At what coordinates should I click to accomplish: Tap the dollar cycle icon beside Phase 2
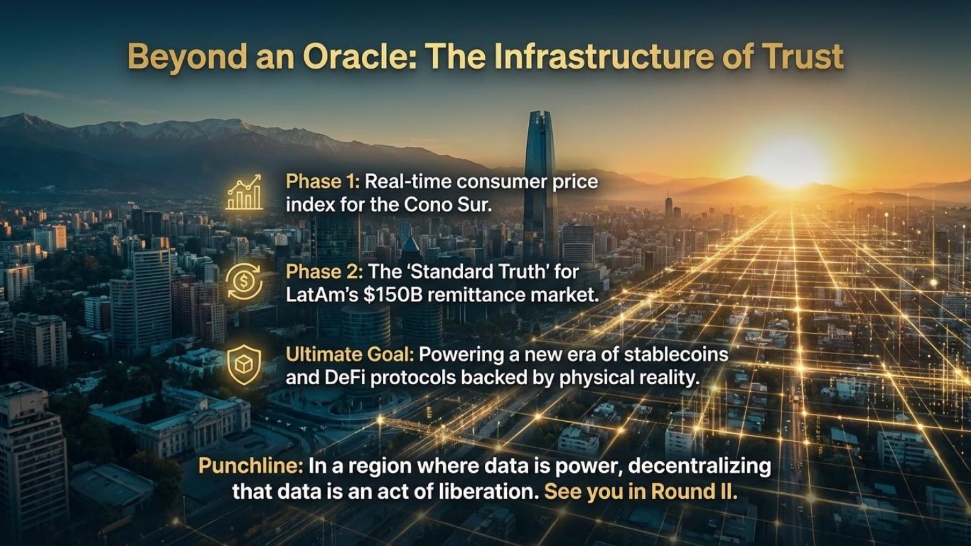[x=244, y=282]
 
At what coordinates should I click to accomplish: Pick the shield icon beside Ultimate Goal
[x=244, y=365]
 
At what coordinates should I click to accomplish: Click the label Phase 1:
[x=322, y=182]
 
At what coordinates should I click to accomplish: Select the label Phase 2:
[x=324, y=272]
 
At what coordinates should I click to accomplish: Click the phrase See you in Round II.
[x=641, y=492]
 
